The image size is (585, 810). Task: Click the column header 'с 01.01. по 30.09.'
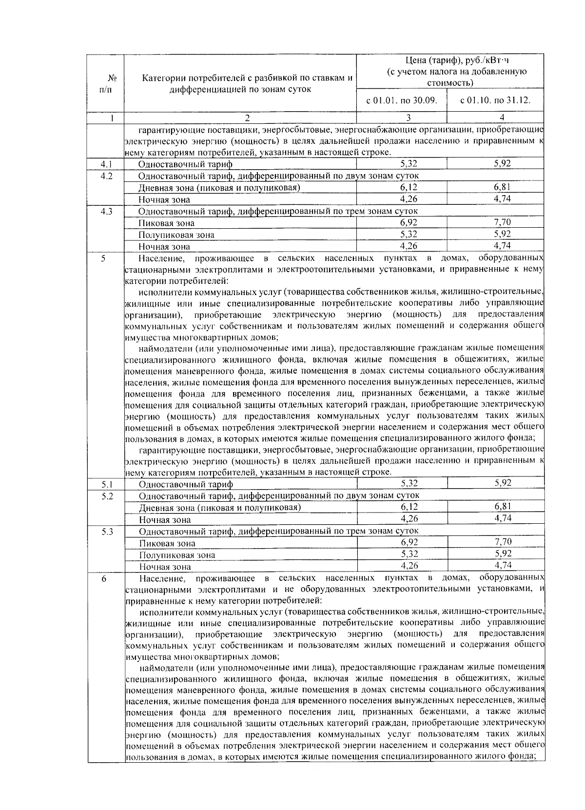[x=401, y=101]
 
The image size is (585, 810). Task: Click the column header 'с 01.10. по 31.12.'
[x=495, y=101]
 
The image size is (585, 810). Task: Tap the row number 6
[x=103, y=578]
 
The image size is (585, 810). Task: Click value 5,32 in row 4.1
[x=408, y=164]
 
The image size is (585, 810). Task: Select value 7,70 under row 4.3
[x=502, y=222]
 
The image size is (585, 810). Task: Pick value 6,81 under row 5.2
[x=502, y=507]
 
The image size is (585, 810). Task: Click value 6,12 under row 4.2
[x=408, y=187]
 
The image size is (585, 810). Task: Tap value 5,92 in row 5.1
[x=503, y=483]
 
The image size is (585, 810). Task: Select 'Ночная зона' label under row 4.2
[x=164, y=199]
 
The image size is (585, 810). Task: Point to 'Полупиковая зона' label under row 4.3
[x=176, y=235]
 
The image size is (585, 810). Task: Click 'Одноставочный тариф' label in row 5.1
[x=186, y=484]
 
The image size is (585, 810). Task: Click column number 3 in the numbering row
[x=409, y=118]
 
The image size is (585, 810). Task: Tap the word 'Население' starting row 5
[x=161, y=257]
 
